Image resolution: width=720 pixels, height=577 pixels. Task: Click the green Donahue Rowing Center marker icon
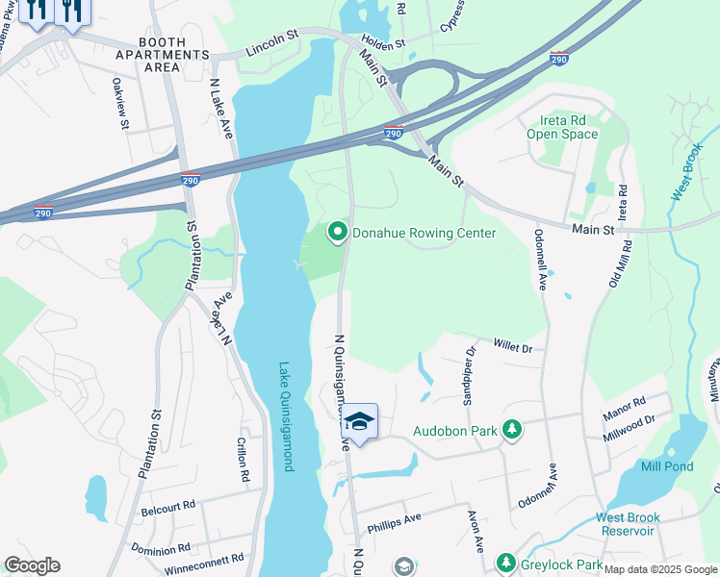(338, 232)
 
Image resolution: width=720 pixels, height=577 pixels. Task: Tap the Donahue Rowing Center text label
(424, 233)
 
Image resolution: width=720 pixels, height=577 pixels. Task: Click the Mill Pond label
(666, 466)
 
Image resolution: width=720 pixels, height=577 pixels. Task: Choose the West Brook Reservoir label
(629, 524)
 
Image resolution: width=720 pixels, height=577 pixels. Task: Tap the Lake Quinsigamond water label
(285, 415)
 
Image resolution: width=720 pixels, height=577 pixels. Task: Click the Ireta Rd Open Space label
(562, 127)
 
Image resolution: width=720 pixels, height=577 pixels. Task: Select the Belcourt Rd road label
(167, 505)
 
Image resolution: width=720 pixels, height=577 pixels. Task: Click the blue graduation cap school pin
(359, 422)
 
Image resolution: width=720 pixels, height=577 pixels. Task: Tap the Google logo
(32, 565)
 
